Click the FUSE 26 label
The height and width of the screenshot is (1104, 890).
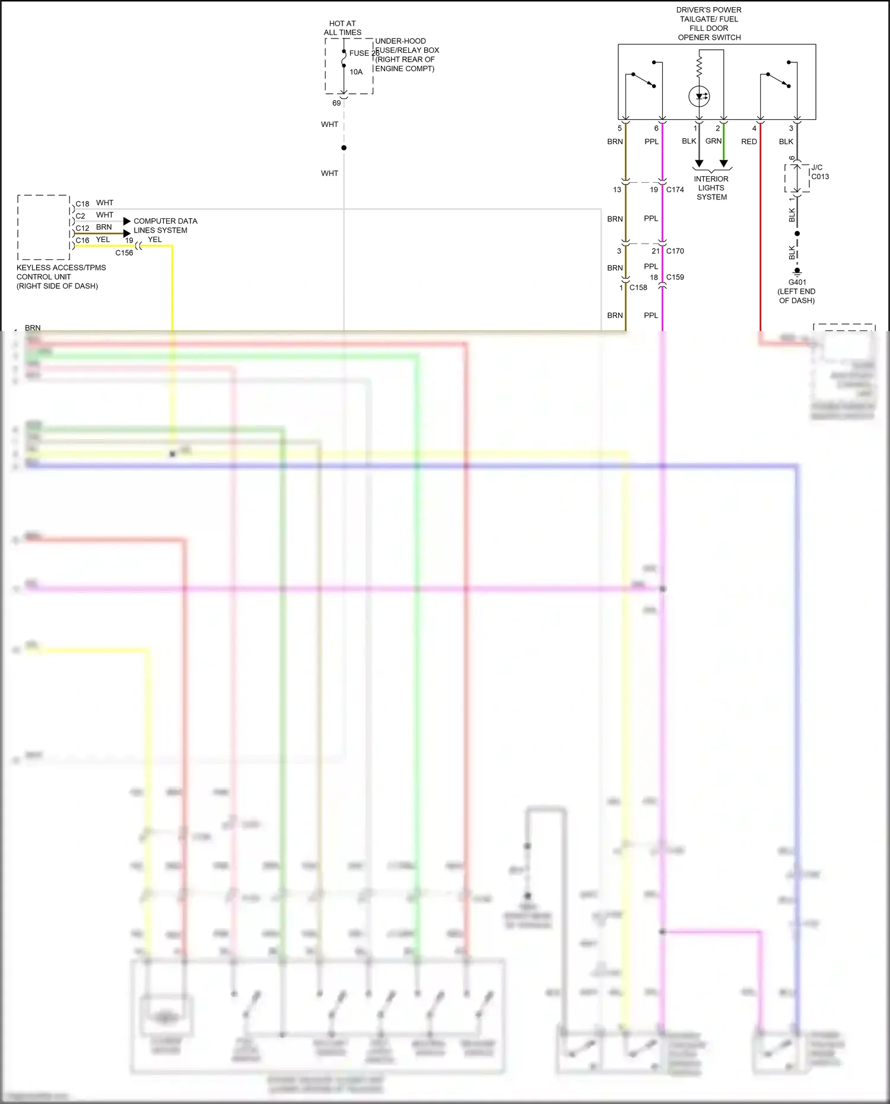click(364, 53)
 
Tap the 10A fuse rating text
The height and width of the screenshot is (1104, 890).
click(356, 72)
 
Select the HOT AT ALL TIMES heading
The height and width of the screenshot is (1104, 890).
click(342, 28)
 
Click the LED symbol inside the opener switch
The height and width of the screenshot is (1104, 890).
click(699, 96)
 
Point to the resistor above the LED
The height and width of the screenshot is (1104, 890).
click(699, 66)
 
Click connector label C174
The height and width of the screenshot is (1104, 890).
click(675, 190)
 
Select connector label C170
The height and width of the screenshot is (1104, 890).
click(675, 251)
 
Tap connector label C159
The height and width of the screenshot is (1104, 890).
click(675, 277)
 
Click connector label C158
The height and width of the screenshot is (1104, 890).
click(638, 288)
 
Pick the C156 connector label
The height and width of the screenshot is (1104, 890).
click(124, 253)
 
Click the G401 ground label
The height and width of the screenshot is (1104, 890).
click(797, 282)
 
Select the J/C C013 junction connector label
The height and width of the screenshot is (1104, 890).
click(819, 172)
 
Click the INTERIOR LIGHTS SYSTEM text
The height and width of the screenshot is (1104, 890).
click(711, 188)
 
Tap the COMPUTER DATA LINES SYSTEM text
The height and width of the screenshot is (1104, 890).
click(165, 225)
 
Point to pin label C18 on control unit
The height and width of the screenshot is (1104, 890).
click(82, 203)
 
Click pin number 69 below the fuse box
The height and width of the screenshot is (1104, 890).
click(336, 103)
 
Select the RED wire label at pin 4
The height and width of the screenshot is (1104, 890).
click(749, 142)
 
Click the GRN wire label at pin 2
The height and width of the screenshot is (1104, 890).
click(713, 141)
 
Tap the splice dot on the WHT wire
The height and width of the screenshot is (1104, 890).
click(344, 148)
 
